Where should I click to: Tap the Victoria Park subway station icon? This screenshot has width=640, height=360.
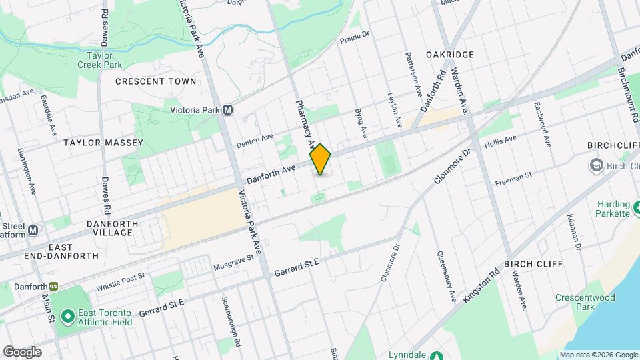click(x=228, y=110)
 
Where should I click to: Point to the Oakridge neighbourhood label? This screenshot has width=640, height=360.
click(x=450, y=54)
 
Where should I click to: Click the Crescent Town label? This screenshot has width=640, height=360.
click(x=156, y=81)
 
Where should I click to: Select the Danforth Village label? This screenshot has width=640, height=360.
click(x=112, y=228)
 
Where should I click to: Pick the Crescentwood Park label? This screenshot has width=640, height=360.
click(x=576, y=302)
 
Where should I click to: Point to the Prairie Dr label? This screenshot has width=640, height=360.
click(x=354, y=40)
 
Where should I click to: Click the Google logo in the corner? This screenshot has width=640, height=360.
click(x=21, y=351)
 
